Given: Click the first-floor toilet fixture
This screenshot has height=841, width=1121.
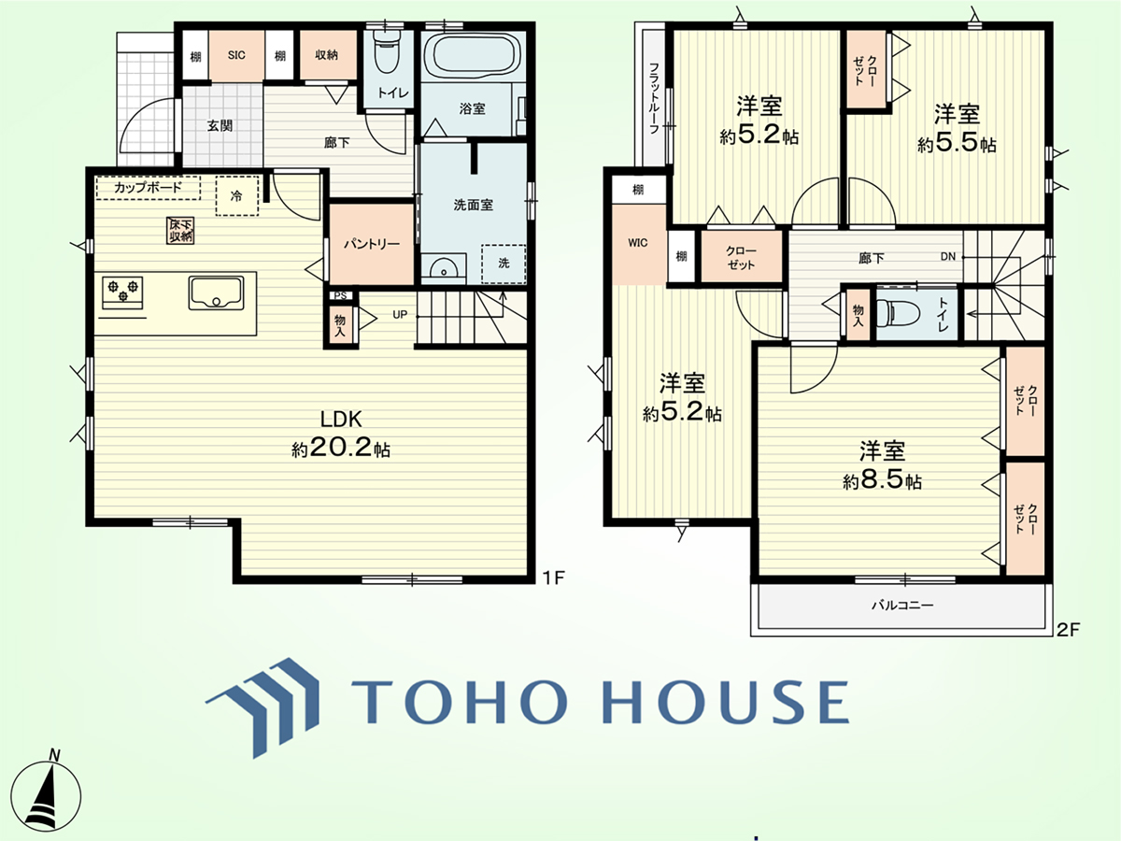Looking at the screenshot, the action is [388, 52].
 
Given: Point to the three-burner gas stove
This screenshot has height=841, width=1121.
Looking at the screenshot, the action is [122, 292].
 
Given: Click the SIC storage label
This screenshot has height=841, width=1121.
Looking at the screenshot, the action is [236, 55].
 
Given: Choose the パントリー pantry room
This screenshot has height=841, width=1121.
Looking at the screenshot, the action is [371, 244].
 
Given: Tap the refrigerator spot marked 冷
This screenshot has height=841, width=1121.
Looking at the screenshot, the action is [236, 196].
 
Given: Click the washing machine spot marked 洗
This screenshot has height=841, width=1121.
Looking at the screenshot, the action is [504, 264].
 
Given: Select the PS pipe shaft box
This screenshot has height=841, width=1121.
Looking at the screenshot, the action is [340, 295].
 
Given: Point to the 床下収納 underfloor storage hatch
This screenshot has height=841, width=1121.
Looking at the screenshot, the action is [180, 230].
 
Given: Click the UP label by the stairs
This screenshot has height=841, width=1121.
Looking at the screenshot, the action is [400, 315].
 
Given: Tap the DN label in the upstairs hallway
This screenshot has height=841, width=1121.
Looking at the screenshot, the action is [948, 256].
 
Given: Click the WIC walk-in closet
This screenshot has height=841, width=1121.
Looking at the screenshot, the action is [638, 244].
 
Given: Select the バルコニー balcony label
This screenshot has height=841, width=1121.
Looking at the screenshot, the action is [902, 606].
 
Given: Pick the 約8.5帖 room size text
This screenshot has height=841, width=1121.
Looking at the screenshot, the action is [882, 481].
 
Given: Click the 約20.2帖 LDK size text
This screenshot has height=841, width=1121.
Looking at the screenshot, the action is [341, 449].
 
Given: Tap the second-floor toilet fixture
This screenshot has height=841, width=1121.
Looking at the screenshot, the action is [899, 311].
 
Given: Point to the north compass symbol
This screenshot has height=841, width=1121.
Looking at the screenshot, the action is [46, 793].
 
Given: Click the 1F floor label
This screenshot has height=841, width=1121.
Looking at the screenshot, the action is [553, 577].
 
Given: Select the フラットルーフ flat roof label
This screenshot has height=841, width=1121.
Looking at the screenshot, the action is [653, 98].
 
